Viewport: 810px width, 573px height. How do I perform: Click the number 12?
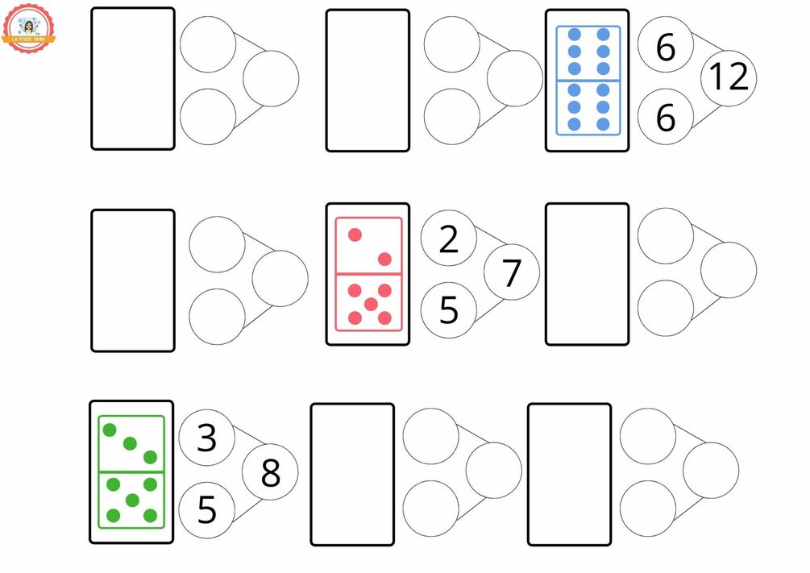click(x=729, y=78)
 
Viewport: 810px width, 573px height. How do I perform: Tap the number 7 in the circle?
click(x=512, y=273)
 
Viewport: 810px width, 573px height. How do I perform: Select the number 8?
click(x=270, y=474)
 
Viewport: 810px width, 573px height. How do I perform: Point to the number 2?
click(x=449, y=239)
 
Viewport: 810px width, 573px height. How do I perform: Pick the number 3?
click(x=206, y=438)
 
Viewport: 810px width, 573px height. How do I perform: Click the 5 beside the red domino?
click(x=449, y=309)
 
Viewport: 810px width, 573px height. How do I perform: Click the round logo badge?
click(x=29, y=27)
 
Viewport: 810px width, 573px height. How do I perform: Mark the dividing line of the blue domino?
click(x=588, y=80)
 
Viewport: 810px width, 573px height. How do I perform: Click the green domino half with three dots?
click(x=131, y=443)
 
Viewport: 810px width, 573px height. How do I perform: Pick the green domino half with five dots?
click(x=131, y=500)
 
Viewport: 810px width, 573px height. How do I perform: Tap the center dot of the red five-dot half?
click(x=370, y=304)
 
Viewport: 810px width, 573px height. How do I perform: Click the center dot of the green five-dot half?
click(x=132, y=500)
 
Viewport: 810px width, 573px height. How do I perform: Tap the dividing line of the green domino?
click(x=131, y=471)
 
